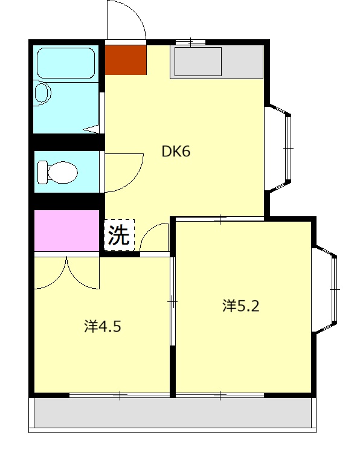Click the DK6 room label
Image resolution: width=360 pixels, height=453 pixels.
pyautogui.click(x=176, y=152)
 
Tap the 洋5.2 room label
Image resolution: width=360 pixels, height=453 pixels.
pyautogui.click(x=240, y=306)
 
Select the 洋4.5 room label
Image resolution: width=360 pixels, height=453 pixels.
pyautogui.click(x=103, y=327)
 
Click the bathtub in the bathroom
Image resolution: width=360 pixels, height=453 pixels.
pyautogui.click(x=65, y=63)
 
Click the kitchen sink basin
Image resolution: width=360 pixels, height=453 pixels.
pyautogui.click(x=198, y=62)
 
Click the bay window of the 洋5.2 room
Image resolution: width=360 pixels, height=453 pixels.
pyautogui.click(x=327, y=290)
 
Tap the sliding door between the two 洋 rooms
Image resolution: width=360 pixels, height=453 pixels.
pyautogui.click(x=173, y=300)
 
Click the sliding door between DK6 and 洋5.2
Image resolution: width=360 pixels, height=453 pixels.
pyautogui.click(x=220, y=219)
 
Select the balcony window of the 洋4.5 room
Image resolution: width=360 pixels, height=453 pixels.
pyautogui.click(x=120, y=396)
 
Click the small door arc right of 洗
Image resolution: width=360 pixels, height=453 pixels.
pyautogui.click(x=155, y=237)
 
